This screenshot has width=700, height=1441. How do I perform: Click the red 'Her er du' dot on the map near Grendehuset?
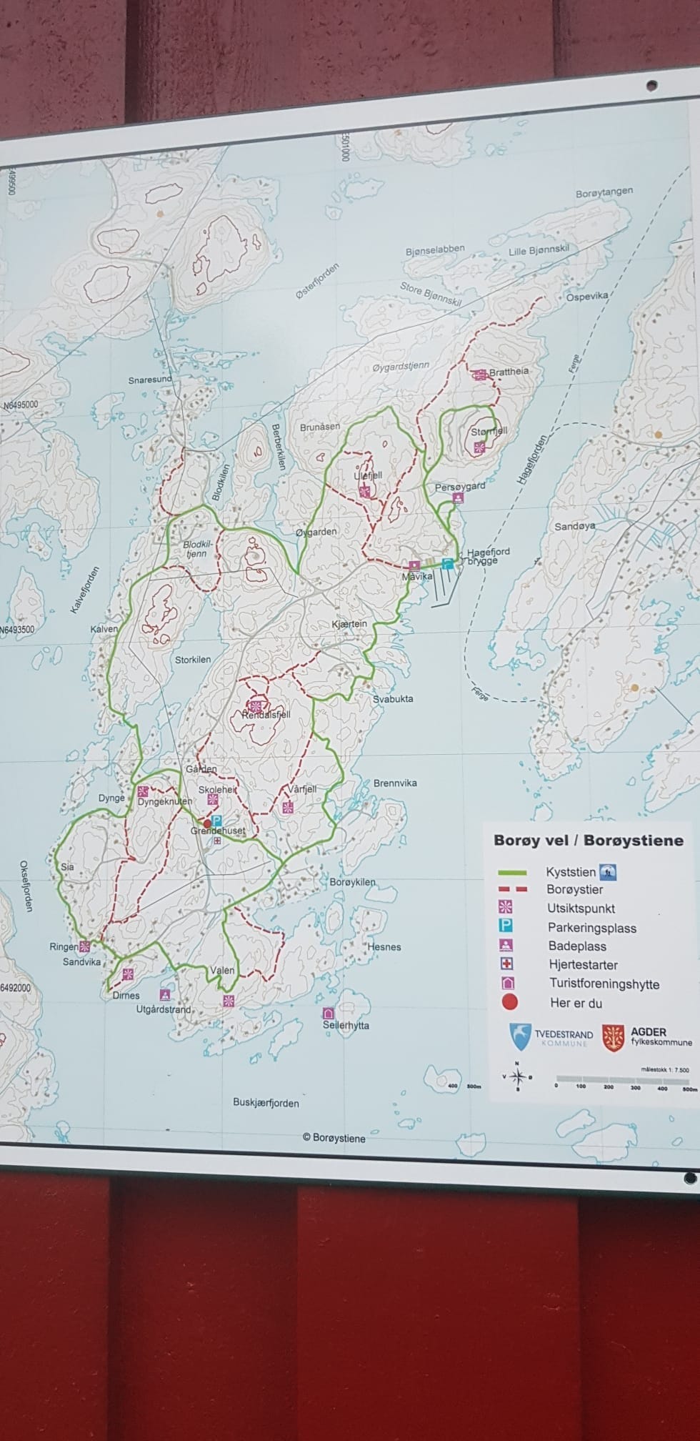(x=207, y=824)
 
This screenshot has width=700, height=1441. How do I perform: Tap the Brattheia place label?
(x=509, y=372)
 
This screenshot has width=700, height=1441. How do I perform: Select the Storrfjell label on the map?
(x=489, y=432)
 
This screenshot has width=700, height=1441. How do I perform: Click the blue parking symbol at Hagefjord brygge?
(x=448, y=564)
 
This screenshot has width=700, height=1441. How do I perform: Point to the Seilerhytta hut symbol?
(x=329, y=1013)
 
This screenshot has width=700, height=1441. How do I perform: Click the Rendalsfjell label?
(x=266, y=714)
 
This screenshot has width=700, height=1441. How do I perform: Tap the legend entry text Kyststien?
(x=570, y=872)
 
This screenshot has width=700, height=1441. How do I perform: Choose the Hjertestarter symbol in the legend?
(x=509, y=964)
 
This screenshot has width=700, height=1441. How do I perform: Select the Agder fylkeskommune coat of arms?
(x=613, y=1037)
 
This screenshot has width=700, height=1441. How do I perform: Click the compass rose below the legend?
(x=519, y=1076)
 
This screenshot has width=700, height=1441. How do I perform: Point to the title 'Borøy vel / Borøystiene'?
(x=588, y=841)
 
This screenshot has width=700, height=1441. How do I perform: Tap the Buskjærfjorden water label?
(x=266, y=1103)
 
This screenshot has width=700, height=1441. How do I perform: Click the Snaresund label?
(x=150, y=380)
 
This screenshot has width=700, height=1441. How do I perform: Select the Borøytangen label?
(x=604, y=194)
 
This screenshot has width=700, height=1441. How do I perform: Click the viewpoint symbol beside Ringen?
(x=85, y=947)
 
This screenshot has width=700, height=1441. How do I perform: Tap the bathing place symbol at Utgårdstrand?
(x=165, y=994)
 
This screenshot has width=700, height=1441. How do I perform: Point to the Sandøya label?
(x=575, y=526)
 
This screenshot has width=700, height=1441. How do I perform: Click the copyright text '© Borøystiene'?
(x=334, y=1138)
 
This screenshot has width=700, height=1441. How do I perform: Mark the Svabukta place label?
(x=393, y=698)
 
